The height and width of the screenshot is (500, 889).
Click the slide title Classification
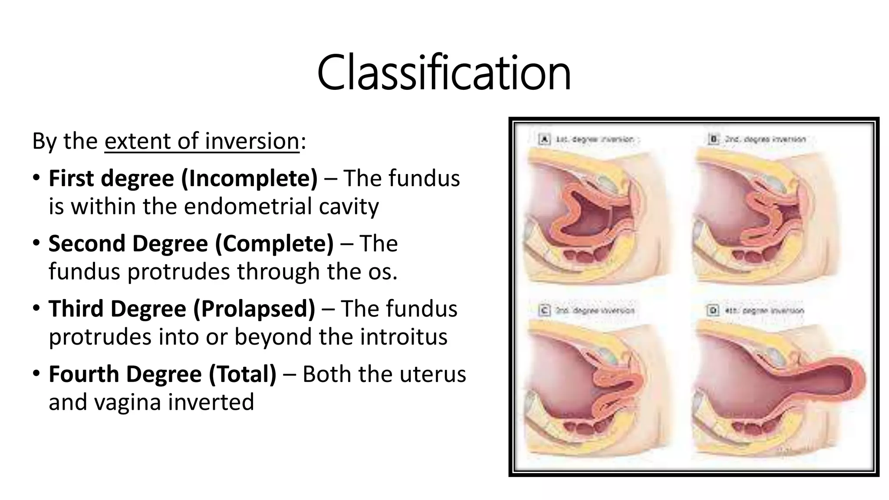pyautogui.click(x=444, y=72)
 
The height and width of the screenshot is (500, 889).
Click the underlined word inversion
pyautogui.click(x=252, y=141)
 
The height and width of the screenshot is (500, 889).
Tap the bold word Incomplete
pyautogui.click(x=249, y=178)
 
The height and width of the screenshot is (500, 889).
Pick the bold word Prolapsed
pyautogui.click(x=254, y=309)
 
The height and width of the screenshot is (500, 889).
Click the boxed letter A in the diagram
pyautogui.click(x=544, y=139)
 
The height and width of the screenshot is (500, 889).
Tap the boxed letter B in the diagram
pyautogui.click(x=713, y=139)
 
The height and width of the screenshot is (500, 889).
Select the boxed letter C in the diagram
pyautogui.click(x=544, y=310)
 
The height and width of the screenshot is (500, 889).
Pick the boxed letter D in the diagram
pyautogui.click(x=713, y=310)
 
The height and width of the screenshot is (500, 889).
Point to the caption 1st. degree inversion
pyautogui.click(x=594, y=139)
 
